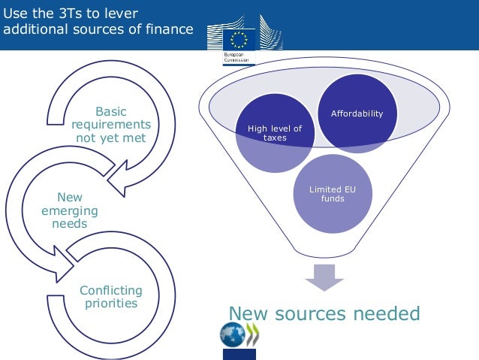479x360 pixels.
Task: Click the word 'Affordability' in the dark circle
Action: click(x=357, y=114)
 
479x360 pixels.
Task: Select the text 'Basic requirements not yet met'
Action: click(x=110, y=126)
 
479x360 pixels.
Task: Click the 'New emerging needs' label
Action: click(x=70, y=210)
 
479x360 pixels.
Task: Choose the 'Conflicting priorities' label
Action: click(x=111, y=297)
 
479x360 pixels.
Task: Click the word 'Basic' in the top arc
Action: click(x=111, y=112)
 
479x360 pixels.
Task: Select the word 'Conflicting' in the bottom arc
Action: click(x=111, y=290)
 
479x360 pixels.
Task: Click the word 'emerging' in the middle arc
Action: click(x=70, y=211)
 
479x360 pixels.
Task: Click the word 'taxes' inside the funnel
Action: click(x=275, y=138)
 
